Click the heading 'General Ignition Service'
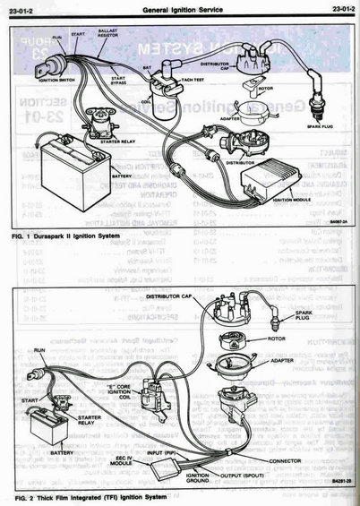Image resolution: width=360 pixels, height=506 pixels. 180,8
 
